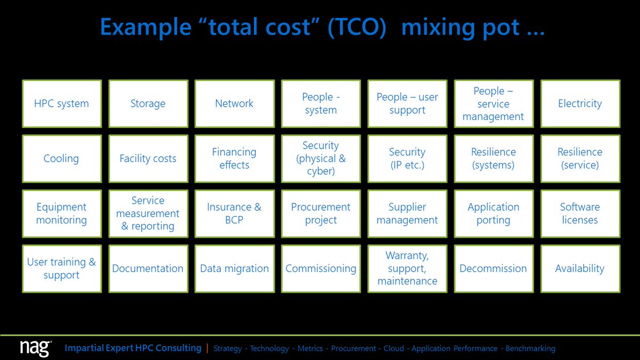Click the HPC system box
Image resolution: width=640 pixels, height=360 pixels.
pos(62,103)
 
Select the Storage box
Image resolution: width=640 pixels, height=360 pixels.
pos(148,103)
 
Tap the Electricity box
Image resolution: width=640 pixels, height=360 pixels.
pos(580,103)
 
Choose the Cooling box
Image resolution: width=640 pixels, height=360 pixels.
pos(62,158)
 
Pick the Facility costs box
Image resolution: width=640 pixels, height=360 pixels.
pos(148,158)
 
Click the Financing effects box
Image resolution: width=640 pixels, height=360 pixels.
pos(235,158)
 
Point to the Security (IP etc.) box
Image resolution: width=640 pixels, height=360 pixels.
pos(407,158)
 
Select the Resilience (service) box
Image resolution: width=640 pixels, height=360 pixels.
pos(580,158)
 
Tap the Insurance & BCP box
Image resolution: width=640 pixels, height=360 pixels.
pos(235,214)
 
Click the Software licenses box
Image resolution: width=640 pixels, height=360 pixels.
pos(580,214)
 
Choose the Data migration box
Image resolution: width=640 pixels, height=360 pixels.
pos(235,269)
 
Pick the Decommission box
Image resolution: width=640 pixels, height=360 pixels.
pos(494,269)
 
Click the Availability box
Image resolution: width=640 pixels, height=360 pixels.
pos(580,269)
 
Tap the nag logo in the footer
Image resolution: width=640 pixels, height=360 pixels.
pos(36,348)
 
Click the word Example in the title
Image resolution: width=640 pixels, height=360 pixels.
pos(146,28)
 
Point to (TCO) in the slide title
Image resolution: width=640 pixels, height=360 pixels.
pos(357,27)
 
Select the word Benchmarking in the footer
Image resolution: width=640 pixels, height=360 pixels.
pos(531,349)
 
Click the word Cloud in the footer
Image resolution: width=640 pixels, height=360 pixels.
pos(394,348)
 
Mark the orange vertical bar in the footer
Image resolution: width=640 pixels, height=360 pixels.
pos(207,348)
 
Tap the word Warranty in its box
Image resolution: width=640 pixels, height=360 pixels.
pos(407,255)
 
